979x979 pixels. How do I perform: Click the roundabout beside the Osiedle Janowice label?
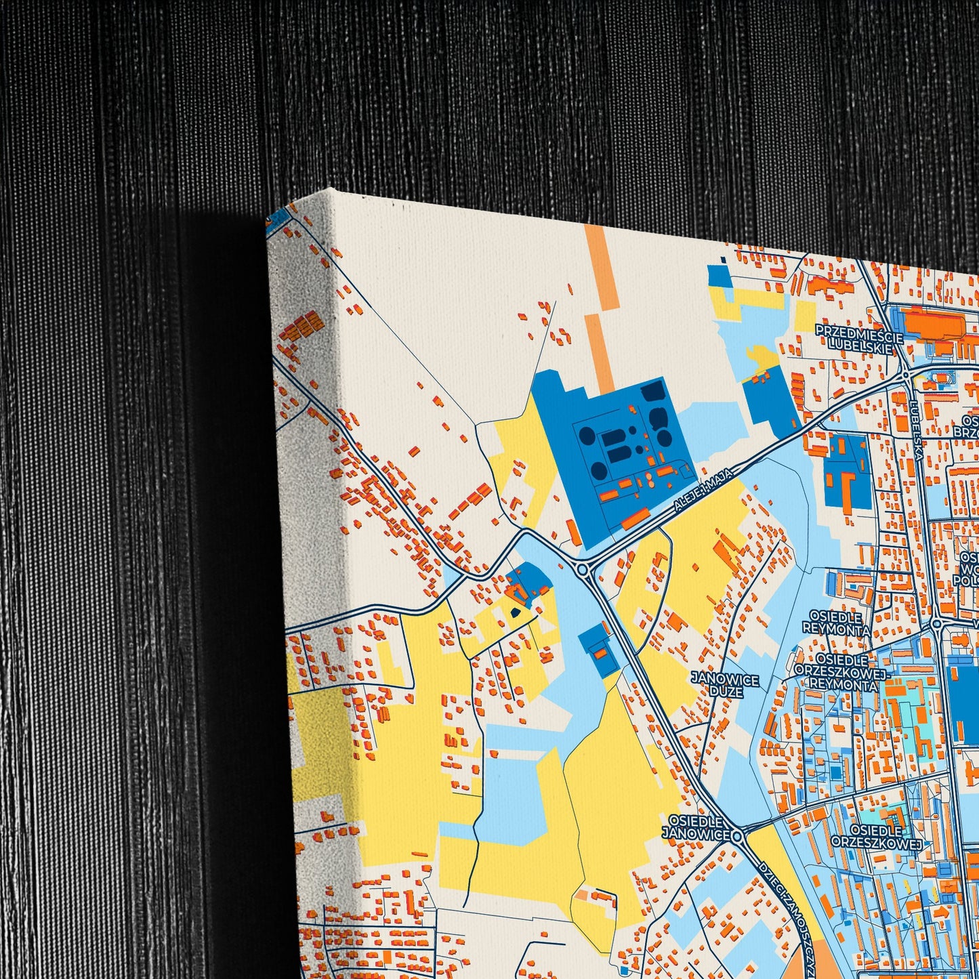pyautogui.click(x=739, y=835)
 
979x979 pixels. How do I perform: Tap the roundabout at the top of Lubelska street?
pyautogui.click(x=906, y=375)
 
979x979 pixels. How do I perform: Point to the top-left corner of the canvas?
pyautogui.click(x=331, y=190)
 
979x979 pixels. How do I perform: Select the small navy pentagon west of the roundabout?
pyautogui.click(x=515, y=611)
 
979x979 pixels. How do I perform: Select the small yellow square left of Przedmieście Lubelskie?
pyautogui.click(x=806, y=315)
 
